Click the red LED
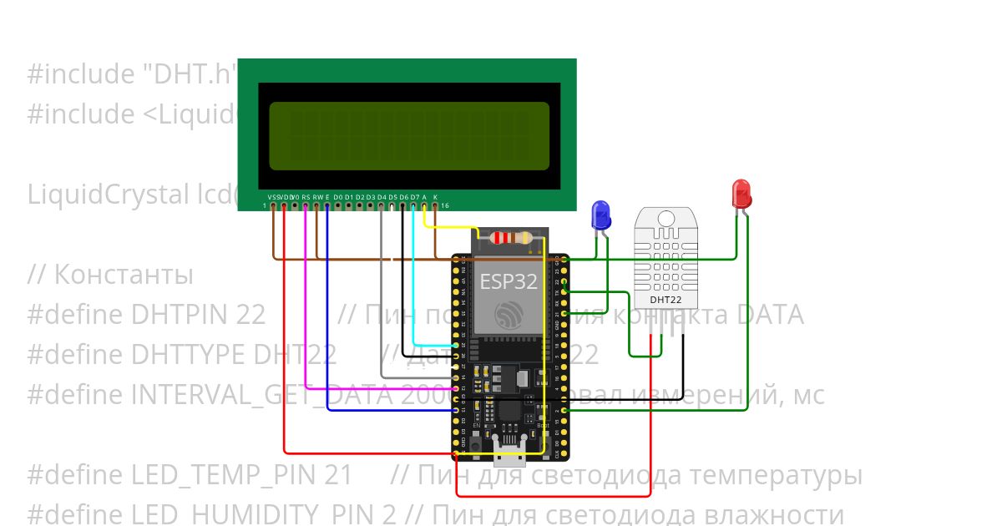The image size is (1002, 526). click(x=741, y=194)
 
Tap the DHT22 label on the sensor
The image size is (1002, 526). click(x=665, y=299)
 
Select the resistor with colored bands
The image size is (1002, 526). click(x=510, y=238)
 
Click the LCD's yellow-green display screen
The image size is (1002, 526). click(x=408, y=136)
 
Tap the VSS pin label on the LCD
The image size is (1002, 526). click(x=273, y=197)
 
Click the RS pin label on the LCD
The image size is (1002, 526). click(x=306, y=197)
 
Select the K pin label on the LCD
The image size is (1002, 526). click(x=435, y=197)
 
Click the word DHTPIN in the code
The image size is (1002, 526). click(x=199, y=315)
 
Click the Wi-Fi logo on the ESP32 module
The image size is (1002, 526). click(x=508, y=316)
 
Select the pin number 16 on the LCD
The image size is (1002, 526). click(x=445, y=205)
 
